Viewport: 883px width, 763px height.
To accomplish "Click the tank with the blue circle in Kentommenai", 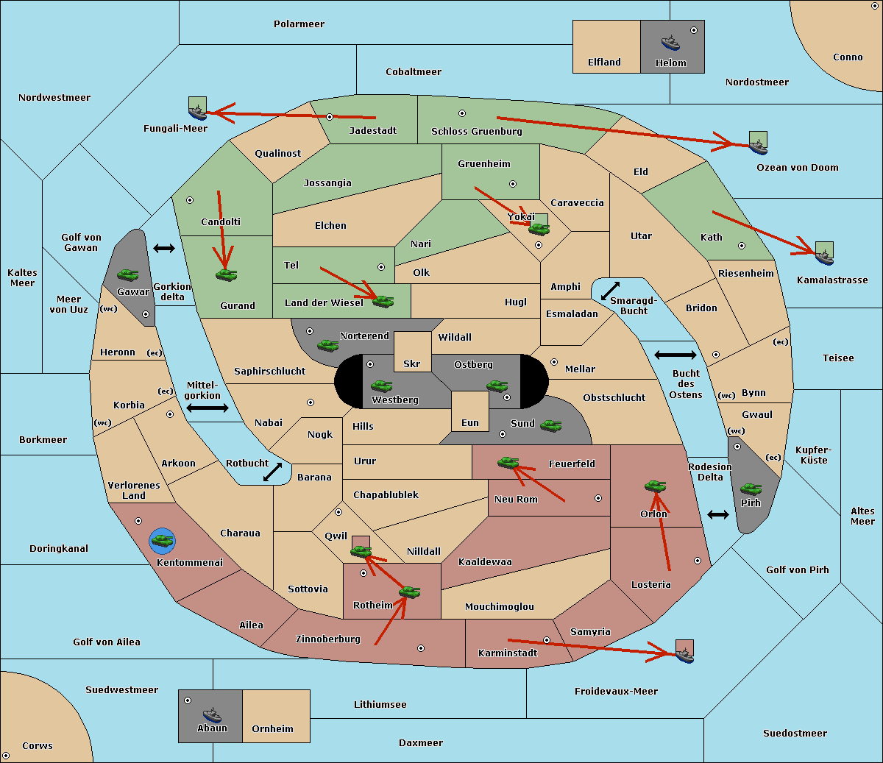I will [162, 541].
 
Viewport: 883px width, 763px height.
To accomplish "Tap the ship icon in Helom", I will [670, 43].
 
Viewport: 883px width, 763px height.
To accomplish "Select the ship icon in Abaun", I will [212, 714].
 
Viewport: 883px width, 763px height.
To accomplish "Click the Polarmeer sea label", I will [299, 24].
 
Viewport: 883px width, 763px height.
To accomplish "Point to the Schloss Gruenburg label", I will [476, 132].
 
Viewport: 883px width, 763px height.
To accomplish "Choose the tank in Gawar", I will [128, 275].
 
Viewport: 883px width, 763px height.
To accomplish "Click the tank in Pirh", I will [751, 489].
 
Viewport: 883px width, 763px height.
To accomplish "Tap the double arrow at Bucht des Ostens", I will [675, 355].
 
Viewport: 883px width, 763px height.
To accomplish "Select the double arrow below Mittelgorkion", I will [208, 408].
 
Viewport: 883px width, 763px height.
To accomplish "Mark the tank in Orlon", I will [654, 486].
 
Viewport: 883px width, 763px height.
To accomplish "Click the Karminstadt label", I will [508, 653].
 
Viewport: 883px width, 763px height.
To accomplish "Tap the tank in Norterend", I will [327, 345].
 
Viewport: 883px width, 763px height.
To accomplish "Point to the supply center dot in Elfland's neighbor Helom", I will [693, 30].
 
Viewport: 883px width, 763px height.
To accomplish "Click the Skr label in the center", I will [412, 364].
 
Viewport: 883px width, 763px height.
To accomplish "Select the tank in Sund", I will [550, 425].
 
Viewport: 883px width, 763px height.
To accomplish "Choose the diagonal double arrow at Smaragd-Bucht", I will [610, 291].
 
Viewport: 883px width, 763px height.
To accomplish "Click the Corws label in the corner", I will [37, 746].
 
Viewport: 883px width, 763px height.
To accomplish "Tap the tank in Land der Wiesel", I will [383, 301].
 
